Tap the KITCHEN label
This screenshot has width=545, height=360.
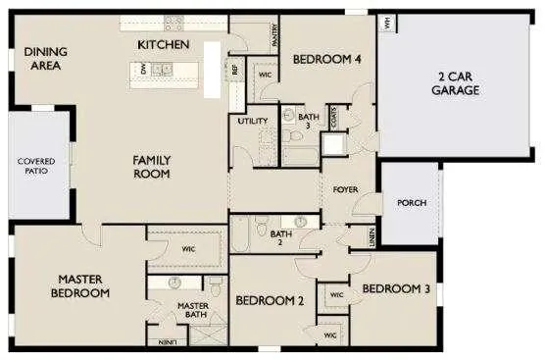tap(164, 45)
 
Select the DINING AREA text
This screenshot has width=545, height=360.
tap(43, 59)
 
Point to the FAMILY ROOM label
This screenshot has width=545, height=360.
tap(152, 167)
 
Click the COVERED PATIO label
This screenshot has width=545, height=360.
tap(36, 166)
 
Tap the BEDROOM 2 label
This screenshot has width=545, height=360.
tap(269, 300)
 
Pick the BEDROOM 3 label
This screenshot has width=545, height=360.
tap(396, 288)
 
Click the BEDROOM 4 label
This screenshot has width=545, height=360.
tap(327, 60)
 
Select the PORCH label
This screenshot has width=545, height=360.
tap(412, 203)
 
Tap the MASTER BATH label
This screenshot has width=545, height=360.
tap(192, 310)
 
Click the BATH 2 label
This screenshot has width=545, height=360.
tap(281, 238)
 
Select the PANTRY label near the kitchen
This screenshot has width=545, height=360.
tap(275, 35)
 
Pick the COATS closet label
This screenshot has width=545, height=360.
tap(334, 118)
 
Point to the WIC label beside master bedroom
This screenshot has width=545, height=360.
tap(188, 249)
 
